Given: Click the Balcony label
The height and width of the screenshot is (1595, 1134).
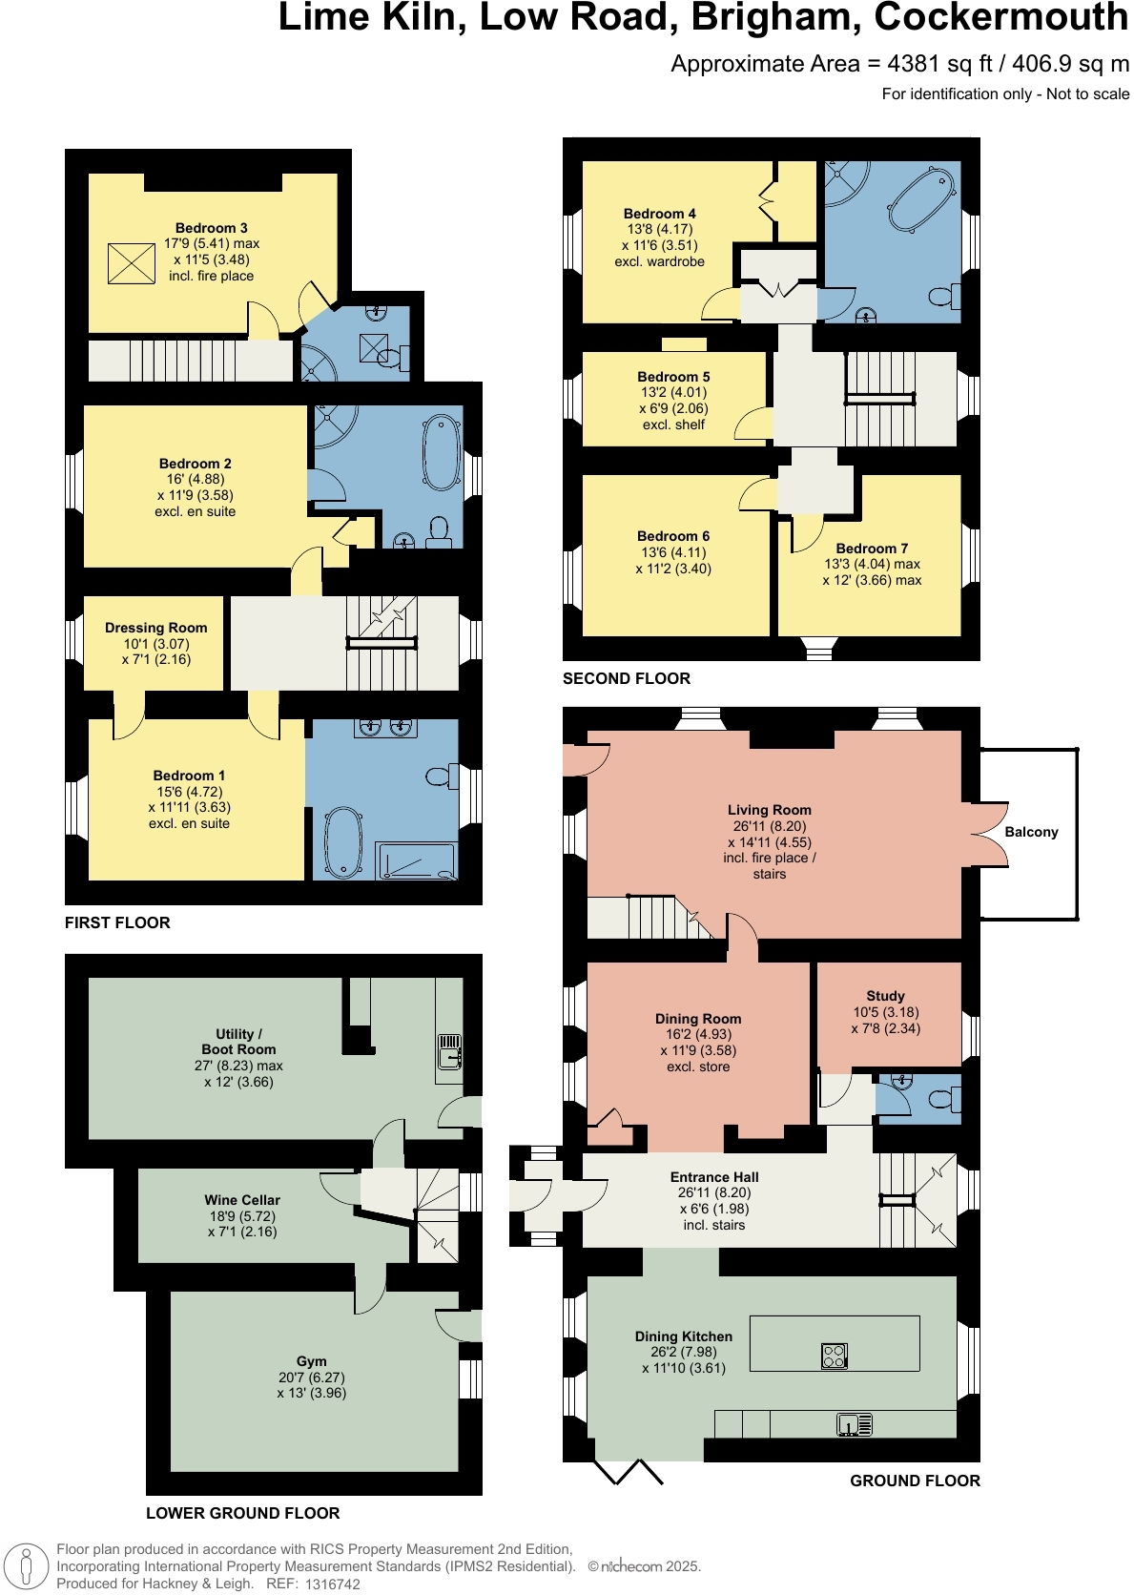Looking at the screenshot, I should coord(1031,832).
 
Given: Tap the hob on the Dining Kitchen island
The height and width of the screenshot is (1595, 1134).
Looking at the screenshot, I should coord(834,1356).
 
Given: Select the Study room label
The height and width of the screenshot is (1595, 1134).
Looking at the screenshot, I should coord(885,996).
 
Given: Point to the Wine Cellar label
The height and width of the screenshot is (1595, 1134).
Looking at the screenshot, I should coord(242,1200).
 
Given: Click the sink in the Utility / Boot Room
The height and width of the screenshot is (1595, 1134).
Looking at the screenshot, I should coord(449,1051).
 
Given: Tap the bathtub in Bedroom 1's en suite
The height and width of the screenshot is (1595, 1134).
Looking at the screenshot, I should coord(343,842).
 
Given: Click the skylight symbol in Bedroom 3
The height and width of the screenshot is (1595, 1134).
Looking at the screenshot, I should coord(131,263).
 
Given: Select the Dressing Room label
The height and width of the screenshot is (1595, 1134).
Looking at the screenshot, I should coord(155,628).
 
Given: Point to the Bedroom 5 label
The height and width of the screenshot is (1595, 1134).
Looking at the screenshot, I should coord(673,377).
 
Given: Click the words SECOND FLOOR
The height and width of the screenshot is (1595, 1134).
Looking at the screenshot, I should coord(626,678).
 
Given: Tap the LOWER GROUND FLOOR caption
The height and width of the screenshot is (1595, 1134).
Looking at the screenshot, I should coord(242,1513).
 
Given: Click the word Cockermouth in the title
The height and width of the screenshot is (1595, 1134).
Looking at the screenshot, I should coord(1000,17).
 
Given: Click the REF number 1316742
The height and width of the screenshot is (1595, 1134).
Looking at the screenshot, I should coord(332,1584).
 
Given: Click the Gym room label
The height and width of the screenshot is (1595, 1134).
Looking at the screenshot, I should coord(311,1361).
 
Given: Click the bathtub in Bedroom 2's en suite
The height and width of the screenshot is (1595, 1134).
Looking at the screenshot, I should coord(442,452).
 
